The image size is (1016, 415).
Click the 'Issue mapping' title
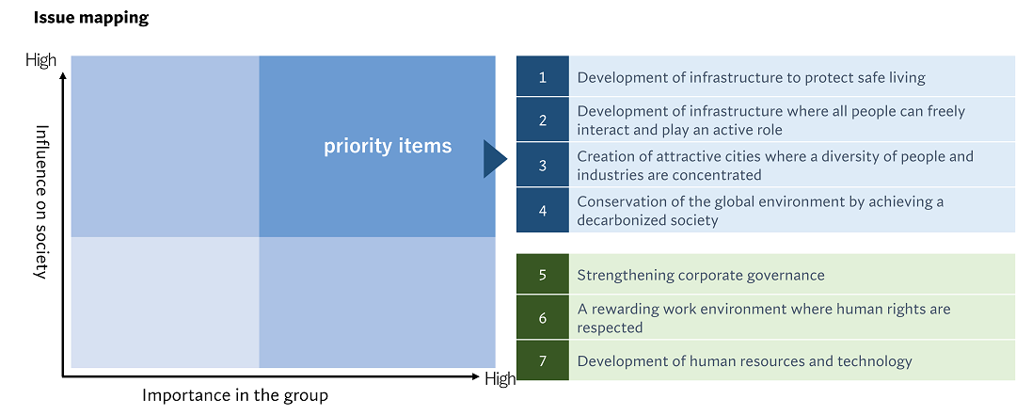(x=91, y=18)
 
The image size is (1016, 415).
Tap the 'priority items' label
(x=388, y=146)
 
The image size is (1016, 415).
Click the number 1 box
(x=542, y=77)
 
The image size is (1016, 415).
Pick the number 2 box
(x=542, y=120)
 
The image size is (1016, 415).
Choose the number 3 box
(x=542, y=166)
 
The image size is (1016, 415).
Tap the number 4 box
(x=542, y=211)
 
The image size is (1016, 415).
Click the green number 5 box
(x=542, y=275)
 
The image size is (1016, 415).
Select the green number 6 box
(x=542, y=318)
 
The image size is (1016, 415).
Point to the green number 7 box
(x=542, y=361)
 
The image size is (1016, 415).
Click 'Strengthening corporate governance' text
(x=700, y=275)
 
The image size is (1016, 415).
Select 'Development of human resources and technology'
(x=744, y=361)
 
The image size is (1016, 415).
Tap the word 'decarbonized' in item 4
(x=623, y=220)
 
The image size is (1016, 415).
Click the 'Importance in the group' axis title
(x=235, y=395)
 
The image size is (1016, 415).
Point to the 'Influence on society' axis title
(x=41, y=201)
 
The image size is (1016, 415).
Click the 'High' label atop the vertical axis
(x=40, y=61)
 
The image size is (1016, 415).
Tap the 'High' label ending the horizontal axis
(x=500, y=379)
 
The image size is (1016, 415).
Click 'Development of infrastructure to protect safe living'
(x=751, y=77)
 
